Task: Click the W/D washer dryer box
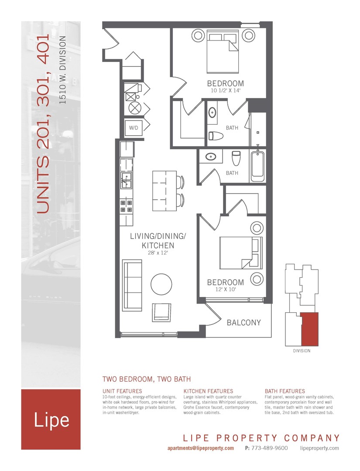[132, 128]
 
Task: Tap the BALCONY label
[243, 323]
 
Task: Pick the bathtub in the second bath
[257, 166]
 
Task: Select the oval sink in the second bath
[211, 156]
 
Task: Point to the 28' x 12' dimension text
[158, 253]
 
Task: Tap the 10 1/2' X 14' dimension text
[225, 90]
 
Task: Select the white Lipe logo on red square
[51, 420]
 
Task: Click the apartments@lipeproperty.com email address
[200, 448]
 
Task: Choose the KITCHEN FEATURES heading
[208, 391]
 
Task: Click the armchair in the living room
[162, 313]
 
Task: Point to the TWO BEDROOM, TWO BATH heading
[146, 379]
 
